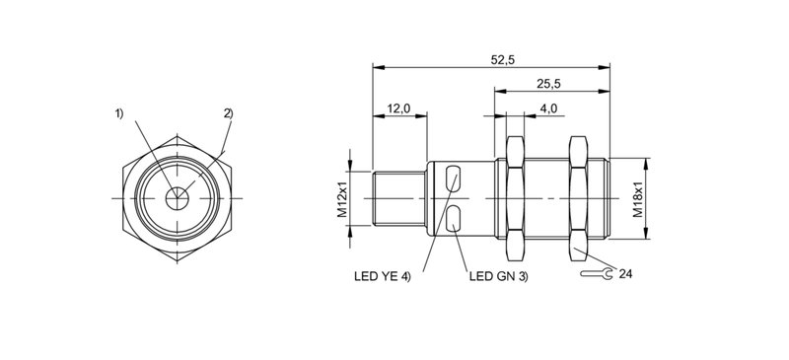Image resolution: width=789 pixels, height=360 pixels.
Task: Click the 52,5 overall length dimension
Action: [503, 60]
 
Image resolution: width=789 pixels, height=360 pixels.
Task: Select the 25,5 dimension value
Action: [548, 84]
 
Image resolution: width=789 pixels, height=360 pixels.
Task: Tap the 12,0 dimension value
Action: [399, 108]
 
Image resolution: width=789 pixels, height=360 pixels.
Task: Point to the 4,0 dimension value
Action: [548, 108]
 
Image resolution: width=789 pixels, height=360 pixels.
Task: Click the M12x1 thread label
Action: [342, 198]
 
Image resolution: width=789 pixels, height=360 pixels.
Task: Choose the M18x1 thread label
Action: [638, 198]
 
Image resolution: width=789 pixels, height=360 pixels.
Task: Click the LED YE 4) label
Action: [383, 276]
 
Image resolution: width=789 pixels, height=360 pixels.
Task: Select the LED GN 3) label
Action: [499, 276]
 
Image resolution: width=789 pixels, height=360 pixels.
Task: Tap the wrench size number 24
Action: [625, 274]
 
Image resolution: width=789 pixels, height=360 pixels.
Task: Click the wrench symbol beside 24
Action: [597, 274]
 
